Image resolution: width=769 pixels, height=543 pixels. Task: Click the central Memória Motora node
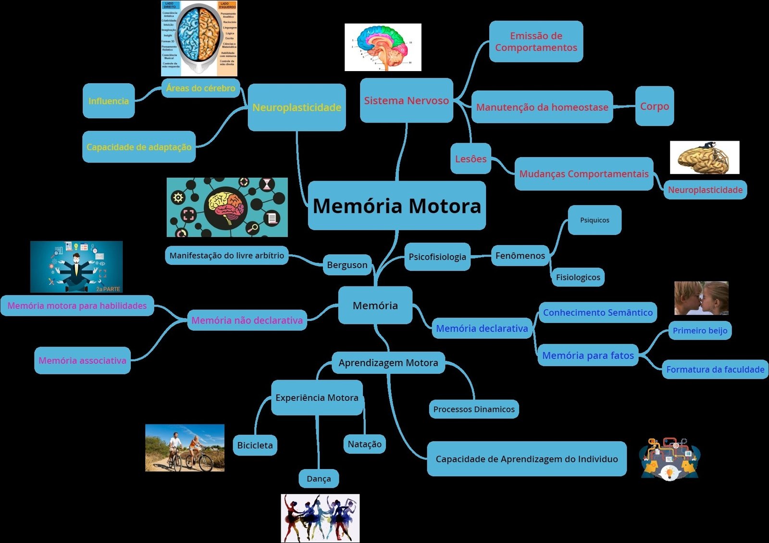point(397,206)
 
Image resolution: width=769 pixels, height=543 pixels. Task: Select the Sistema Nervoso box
point(406,100)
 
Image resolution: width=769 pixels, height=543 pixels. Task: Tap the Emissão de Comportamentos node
point(536,41)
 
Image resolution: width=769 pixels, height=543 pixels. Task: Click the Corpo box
point(654,106)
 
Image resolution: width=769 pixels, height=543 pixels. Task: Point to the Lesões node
point(471,159)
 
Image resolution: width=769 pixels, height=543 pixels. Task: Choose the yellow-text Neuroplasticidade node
point(297,107)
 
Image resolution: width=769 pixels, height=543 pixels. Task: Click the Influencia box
point(109,101)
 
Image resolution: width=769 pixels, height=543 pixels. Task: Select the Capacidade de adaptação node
point(139,147)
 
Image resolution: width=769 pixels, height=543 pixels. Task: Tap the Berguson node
point(347,265)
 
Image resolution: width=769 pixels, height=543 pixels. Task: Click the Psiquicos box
point(595,220)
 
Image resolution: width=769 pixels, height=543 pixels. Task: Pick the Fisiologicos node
point(578,277)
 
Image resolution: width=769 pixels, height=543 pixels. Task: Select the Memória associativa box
point(83,360)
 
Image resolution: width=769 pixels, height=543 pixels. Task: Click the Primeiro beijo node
point(700,331)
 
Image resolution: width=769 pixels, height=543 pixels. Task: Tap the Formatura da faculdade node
point(715,370)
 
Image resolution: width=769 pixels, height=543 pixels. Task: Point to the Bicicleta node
point(255,445)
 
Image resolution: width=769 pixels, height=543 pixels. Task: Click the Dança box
point(319,479)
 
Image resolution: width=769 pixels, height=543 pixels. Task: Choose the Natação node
point(364,444)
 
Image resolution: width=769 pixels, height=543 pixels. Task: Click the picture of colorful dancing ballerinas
point(320,518)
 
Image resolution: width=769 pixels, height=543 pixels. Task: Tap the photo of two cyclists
point(185,448)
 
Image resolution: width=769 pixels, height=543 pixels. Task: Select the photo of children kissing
point(701,298)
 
